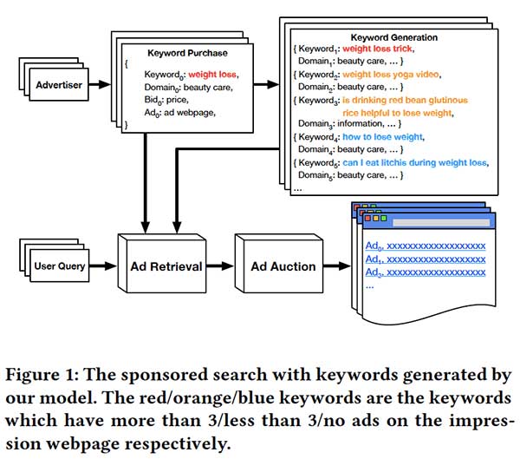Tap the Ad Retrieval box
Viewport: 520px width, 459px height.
pyautogui.click(x=166, y=266)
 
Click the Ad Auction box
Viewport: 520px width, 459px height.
pyautogui.click(x=283, y=266)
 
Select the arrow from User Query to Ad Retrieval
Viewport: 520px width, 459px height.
pyautogui.click(x=103, y=266)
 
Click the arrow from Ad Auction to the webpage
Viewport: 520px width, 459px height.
pyautogui.click(x=338, y=266)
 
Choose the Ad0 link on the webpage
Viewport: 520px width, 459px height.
pyautogui.click(x=425, y=246)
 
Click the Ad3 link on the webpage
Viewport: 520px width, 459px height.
pyautogui.click(x=425, y=272)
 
